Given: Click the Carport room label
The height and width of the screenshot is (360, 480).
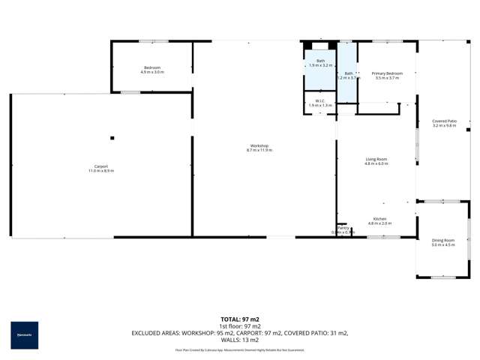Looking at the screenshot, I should click(x=101, y=166).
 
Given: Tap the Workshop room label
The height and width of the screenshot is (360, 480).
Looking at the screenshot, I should click(x=259, y=145).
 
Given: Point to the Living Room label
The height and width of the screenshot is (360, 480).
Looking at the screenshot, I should click(x=376, y=159).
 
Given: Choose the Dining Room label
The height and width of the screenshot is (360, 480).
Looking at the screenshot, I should click(x=443, y=241).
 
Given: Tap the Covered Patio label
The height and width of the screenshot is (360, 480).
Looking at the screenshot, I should click(x=445, y=121).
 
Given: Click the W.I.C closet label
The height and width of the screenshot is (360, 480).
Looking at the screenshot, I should click(x=319, y=100).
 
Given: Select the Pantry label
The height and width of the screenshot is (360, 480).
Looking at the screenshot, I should click(x=343, y=228).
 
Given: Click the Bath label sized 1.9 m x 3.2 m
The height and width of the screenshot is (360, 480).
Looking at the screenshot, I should click(x=320, y=61).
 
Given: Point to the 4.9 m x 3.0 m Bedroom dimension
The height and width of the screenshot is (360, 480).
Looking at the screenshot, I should click(x=152, y=73).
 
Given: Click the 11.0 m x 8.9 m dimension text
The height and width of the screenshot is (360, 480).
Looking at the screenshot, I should click(x=101, y=171).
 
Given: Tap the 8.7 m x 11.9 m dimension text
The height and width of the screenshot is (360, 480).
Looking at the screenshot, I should click(x=259, y=150).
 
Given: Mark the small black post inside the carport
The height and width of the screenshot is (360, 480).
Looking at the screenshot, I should click(x=112, y=137).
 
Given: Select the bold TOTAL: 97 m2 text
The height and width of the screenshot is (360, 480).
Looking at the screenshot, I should click(x=240, y=319).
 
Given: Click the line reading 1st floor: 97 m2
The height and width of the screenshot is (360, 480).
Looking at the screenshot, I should click(x=240, y=326).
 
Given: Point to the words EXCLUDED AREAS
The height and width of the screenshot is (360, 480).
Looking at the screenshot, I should click(x=157, y=333).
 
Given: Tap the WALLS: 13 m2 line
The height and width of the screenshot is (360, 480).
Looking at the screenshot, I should click(x=240, y=340).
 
